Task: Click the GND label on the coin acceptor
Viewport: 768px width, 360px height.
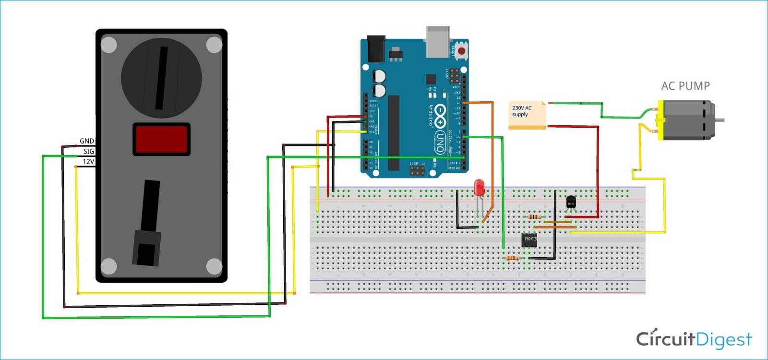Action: (86, 141)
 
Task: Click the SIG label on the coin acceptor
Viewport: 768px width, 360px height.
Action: (88, 151)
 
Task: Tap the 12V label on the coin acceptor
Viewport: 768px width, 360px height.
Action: (88, 162)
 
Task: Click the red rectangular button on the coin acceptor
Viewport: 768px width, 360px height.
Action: (161, 139)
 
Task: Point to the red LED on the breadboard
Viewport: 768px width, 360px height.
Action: (479, 188)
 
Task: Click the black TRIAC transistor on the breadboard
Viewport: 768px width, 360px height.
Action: (571, 202)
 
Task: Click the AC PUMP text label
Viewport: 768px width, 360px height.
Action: (685, 86)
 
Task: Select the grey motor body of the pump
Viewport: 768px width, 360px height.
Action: (686, 120)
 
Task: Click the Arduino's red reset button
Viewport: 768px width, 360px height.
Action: (461, 50)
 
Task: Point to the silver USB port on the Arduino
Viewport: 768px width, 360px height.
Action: (437, 41)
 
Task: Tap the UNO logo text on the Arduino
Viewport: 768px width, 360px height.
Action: (439, 143)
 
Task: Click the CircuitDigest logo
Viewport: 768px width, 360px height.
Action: (694, 339)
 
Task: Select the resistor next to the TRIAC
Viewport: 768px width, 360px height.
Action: (535, 217)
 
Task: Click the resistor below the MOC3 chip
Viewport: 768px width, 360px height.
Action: (512, 258)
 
